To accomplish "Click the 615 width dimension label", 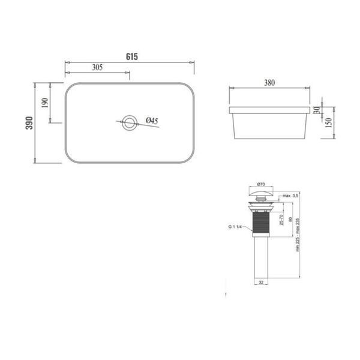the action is pyautogui.click(x=132, y=56).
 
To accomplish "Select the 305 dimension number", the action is pyautogui.click(x=97, y=67).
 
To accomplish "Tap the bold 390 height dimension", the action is pyautogui.click(x=29, y=123).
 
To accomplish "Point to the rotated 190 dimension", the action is pyautogui.click(x=45, y=103).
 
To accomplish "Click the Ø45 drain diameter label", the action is pyautogui.click(x=152, y=121).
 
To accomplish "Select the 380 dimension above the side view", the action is pyautogui.click(x=269, y=83).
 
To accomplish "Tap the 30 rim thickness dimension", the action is pyautogui.click(x=317, y=110).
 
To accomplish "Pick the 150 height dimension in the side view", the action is pyautogui.click(x=329, y=123).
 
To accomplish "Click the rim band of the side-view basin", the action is pyautogui.click(x=269, y=110).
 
